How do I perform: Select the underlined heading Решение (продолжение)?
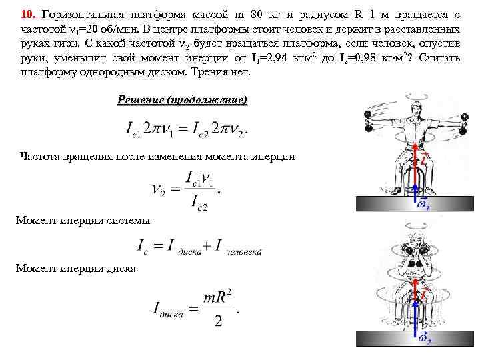182,100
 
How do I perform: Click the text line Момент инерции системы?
83,220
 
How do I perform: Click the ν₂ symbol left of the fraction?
159,190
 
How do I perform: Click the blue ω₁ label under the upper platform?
423,207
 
